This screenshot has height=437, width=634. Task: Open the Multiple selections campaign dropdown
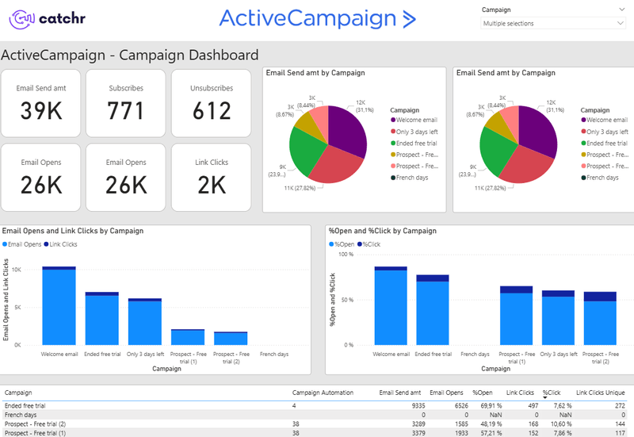pyautogui.click(x=552, y=24)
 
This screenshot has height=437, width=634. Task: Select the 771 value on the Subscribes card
pyautogui.click(x=125, y=111)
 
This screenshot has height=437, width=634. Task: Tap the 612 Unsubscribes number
pyautogui.click(x=212, y=111)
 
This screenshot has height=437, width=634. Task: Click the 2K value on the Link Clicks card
pyautogui.click(x=212, y=184)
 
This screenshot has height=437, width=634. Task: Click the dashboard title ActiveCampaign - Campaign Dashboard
pyautogui.click(x=130, y=56)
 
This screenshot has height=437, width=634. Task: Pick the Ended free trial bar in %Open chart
pyautogui.click(x=433, y=312)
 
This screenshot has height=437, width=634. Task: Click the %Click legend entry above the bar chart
pyautogui.click(x=370, y=243)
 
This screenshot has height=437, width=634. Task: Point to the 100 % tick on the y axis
pyautogui.click(x=346, y=255)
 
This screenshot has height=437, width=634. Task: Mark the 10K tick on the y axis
pyautogui.click(x=27, y=270)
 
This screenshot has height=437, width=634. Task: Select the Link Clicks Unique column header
pyautogui.click(x=600, y=392)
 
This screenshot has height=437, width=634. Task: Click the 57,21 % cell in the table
pyautogui.click(x=483, y=433)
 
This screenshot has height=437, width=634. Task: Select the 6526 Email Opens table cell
pyautogui.click(x=455, y=404)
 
